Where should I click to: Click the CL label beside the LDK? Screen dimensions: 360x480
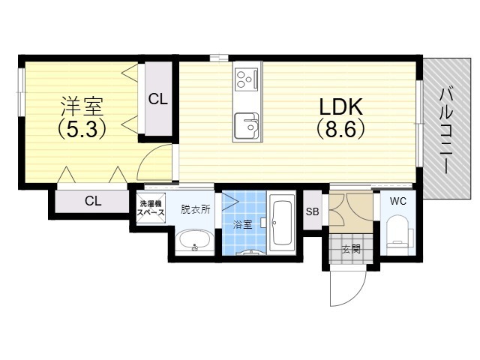(x=157, y=98)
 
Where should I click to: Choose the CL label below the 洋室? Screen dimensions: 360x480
(x=93, y=200)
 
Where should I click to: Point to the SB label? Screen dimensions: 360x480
(x=312, y=211)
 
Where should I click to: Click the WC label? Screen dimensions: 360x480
(x=397, y=200)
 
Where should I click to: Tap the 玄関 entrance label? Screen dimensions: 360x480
(x=351, y=249)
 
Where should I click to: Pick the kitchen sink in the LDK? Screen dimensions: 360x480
(x=245, y=125)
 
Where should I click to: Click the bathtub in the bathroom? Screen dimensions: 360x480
(x=283, y=223)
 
